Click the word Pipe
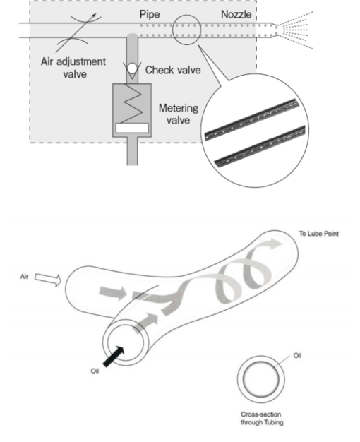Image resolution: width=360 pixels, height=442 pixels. tap(150, 14)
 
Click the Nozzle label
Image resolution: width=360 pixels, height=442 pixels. tap(236, 14)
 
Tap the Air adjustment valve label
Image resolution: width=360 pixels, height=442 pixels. tap(73, 68)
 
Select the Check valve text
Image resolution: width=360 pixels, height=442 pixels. tap(173, 70)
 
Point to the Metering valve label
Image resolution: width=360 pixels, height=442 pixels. tap(179, 114)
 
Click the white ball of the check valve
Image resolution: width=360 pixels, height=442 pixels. tap(132, 68)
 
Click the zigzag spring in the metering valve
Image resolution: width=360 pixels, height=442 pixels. tap(133, 104)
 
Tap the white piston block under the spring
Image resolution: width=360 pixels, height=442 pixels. tap(132, 128)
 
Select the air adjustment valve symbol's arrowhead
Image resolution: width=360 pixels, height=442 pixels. tap(94, 16)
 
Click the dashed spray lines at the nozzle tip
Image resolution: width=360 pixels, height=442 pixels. tap(295, 30)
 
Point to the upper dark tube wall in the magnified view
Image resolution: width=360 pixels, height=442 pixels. tap(252, 119)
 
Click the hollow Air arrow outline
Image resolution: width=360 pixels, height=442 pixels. tap(48, 279)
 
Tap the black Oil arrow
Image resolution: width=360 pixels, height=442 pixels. tap(114, 357)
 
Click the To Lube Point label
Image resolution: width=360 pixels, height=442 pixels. tap(319, 234)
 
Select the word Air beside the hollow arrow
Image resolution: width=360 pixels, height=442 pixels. tap(24, 277)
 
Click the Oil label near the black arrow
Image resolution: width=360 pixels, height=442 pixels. tap(95, 371)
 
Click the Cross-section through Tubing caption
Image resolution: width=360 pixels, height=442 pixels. tap(262, 418)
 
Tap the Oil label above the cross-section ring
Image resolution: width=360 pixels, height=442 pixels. tap(297, 355)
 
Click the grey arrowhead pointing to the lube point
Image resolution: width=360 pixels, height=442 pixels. tap(274, 244)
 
